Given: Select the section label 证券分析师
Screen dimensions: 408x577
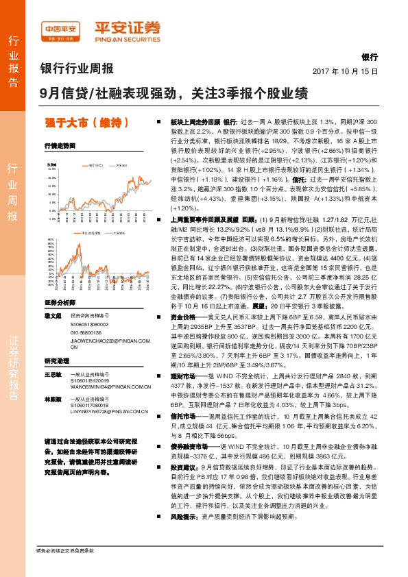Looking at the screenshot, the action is (58, 302).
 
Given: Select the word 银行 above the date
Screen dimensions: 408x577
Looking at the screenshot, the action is (370, 58).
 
